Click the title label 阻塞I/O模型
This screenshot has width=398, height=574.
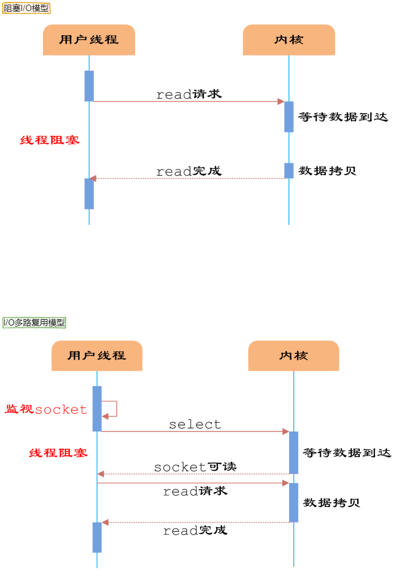(26, 9)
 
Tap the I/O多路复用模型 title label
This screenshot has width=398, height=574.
(35, 322)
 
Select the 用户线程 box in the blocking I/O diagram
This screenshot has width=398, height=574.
(89, 40)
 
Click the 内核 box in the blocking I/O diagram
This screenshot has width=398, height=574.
(289, 40)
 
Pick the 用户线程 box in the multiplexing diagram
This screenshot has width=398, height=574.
(97, 355)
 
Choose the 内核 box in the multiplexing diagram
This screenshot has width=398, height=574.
(294, 355)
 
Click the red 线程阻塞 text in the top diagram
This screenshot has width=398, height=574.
(50, 140)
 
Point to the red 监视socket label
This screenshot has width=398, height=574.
(46, 409)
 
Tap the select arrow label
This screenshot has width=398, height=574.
(195, 424)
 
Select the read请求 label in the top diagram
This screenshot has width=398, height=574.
(189, 94)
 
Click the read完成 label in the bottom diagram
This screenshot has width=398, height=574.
(195, 530)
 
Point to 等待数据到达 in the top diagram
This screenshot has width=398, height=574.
(343, 117)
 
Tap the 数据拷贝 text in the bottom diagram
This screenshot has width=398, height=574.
(331, 503)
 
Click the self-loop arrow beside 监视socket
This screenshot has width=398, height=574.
(112, 409)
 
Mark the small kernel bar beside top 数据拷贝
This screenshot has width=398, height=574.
(289, 170)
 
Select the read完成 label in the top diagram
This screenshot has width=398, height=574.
(189, 171)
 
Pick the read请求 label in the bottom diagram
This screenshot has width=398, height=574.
(195, 492)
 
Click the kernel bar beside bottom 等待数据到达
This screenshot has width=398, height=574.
(294, 452)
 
